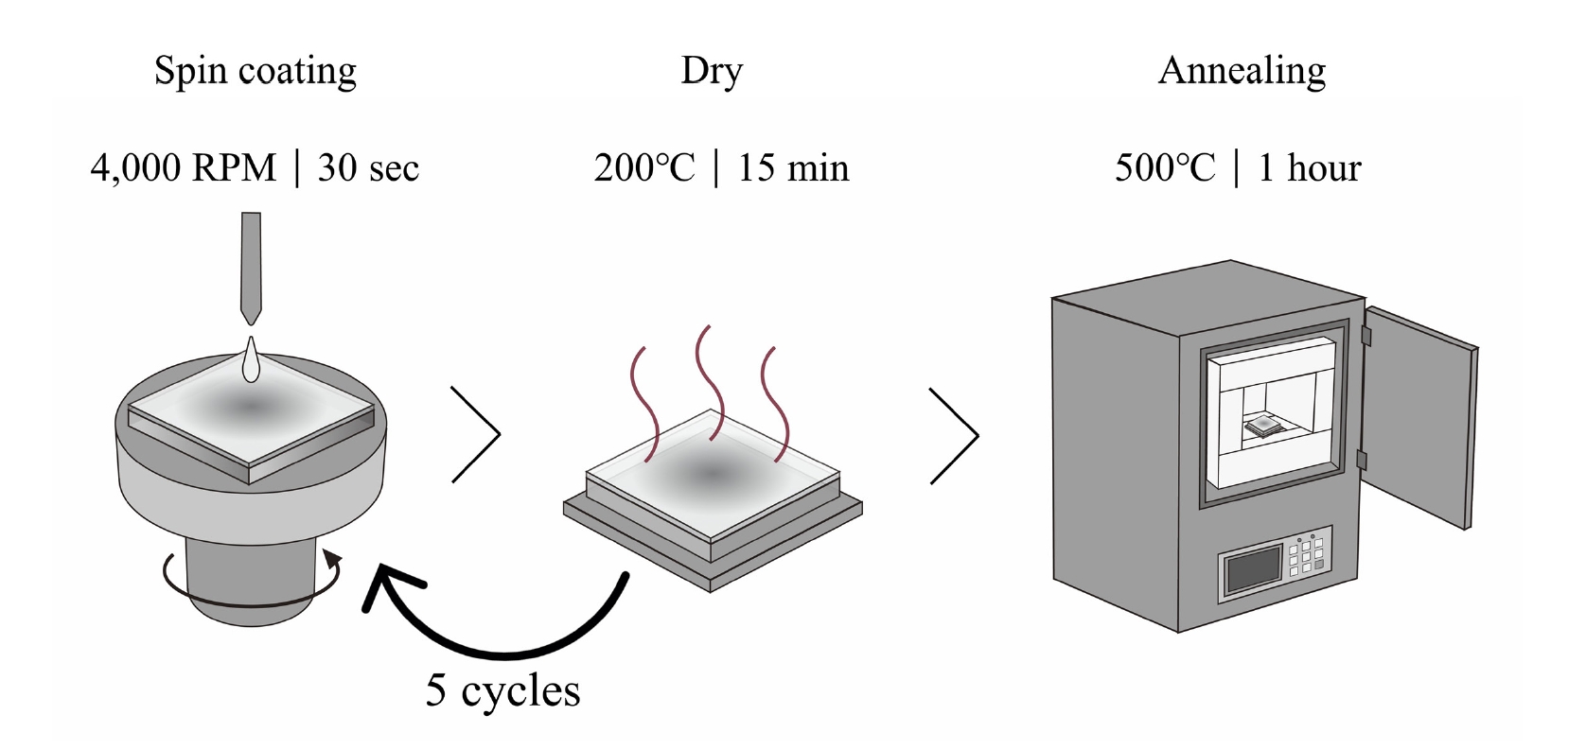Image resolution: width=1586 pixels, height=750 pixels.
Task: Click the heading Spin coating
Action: pos(256,71)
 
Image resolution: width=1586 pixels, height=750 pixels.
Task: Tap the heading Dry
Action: pos(712,71)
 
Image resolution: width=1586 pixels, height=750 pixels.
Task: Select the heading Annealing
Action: pos(1242,71)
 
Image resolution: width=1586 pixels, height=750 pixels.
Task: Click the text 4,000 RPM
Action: pos(184,168)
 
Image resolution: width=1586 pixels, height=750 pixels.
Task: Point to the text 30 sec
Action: pos(368,168)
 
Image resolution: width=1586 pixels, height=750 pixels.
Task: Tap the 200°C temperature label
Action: pos(644,168)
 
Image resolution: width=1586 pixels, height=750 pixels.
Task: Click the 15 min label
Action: pos(793,168)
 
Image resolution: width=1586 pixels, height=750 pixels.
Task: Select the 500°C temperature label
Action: pos(1165,168)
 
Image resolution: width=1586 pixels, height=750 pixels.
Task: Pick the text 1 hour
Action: pos(1310,168)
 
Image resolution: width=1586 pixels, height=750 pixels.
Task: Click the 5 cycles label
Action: pos(502,690)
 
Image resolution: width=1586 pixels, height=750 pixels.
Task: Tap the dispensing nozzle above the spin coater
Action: pos(251,265)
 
